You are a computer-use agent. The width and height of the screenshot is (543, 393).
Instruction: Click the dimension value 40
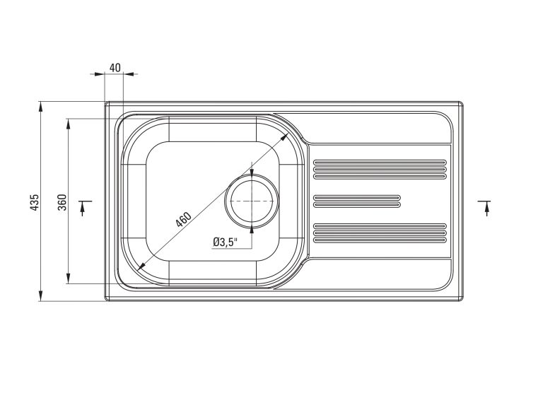point(115,68)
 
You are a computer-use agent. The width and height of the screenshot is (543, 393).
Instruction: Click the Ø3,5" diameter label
point(225,242)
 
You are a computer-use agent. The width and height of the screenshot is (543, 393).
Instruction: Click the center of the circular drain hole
point(252,201)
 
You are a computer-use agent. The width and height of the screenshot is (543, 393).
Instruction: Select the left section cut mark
point(84,207)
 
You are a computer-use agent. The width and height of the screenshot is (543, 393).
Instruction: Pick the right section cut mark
point(486,207)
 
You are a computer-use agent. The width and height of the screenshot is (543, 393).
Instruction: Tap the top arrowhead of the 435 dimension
point(40,107)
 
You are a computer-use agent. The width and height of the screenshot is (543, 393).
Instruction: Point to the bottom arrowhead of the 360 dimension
point(69,280)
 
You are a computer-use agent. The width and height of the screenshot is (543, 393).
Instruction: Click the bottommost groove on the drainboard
point(379,240)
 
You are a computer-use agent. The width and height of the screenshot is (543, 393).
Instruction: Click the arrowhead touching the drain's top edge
point(252,172)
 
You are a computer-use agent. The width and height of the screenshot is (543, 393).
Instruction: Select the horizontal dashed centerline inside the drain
point(252,201)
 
